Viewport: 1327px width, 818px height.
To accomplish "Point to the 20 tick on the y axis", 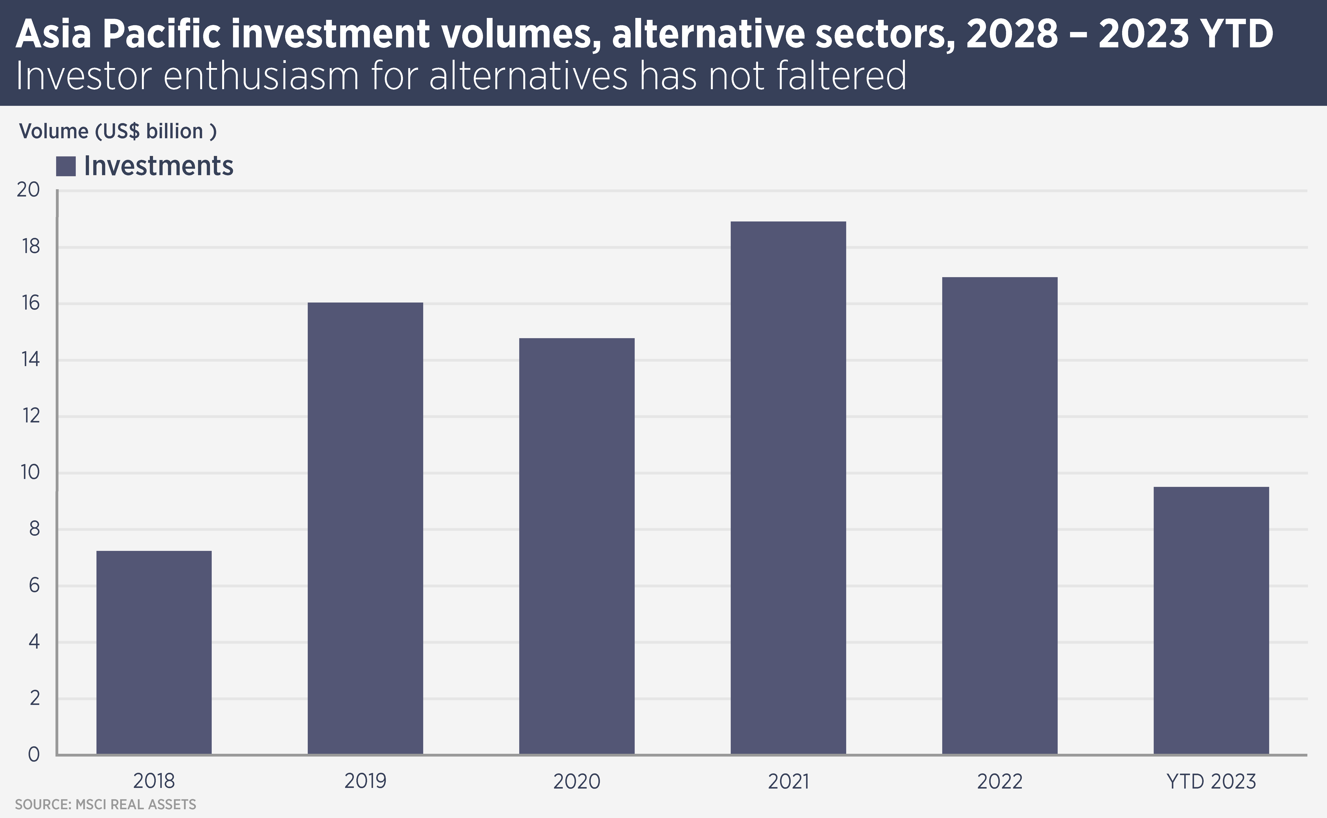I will [x=29, y=190].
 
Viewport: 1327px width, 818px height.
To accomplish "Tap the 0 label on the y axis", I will [x=34, y=754].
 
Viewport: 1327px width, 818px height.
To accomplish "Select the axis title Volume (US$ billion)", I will [x=118, y=131].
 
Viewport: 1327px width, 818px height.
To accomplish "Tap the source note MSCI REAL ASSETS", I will [x=105, y=805].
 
